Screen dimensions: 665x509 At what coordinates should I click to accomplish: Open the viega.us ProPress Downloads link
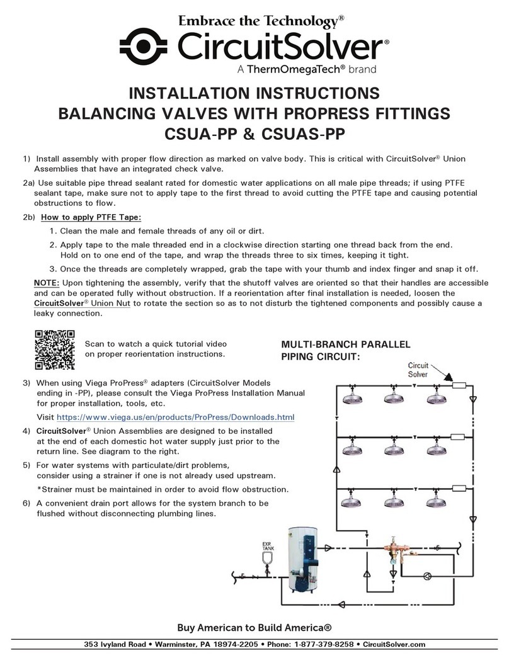(x=176, y=417)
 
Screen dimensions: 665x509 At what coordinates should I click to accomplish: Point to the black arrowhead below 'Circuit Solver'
(x=447, y=378)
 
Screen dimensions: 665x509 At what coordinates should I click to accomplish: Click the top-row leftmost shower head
(x=352, y=399)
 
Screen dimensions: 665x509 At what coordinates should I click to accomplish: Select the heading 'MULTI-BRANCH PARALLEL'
(x=346, y=345)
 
